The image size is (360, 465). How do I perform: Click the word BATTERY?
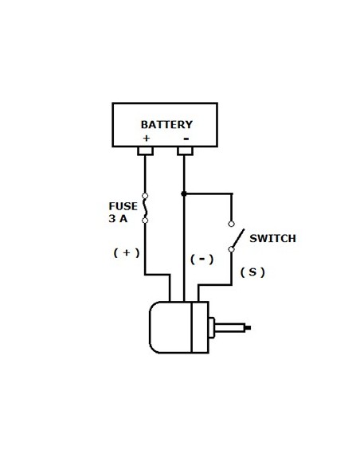(x=166, y=125)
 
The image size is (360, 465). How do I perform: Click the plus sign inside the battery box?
(x=146, y=138)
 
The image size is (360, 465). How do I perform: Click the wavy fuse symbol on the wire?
(x=145, y=207)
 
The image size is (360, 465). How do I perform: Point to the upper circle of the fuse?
(x=145, y=196)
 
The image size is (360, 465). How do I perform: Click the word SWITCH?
(x=272, y=238)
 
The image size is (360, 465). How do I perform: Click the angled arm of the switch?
(x=236, y=237)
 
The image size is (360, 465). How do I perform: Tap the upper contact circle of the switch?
(x=232, y=224)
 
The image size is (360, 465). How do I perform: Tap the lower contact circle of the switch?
(x=232, y=249)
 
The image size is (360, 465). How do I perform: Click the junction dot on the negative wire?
(x=185, y=193)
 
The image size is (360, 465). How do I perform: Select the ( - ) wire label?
(x=202, y=259)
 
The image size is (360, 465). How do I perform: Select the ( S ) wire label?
(x=252, y=272)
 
